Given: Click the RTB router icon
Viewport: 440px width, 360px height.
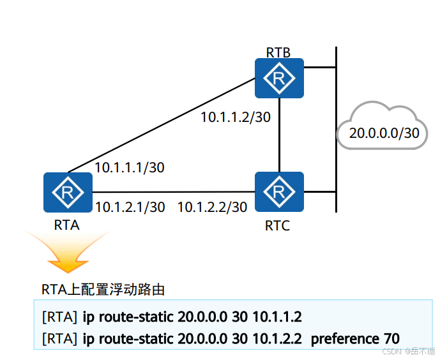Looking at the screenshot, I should pos(279,79).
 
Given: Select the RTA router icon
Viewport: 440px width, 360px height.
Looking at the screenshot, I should pos(68,192).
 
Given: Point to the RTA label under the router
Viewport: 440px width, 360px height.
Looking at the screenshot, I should pos(67,225).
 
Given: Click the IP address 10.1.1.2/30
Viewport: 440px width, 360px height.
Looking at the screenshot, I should pos(236,117).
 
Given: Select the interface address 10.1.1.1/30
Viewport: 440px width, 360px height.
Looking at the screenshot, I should pos(130,167).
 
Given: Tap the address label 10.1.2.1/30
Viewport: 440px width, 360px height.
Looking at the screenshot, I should pos(130,207).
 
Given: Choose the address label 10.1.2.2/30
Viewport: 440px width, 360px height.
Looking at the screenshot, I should pos(212,207).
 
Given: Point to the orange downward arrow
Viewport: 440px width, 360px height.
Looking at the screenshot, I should pos(68,253).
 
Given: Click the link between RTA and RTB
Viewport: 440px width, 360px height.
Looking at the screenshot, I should pos(160,127).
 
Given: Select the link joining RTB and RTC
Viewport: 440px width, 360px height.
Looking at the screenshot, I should pos(279,135).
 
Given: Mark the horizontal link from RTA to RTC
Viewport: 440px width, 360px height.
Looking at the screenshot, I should pos(172,191).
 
